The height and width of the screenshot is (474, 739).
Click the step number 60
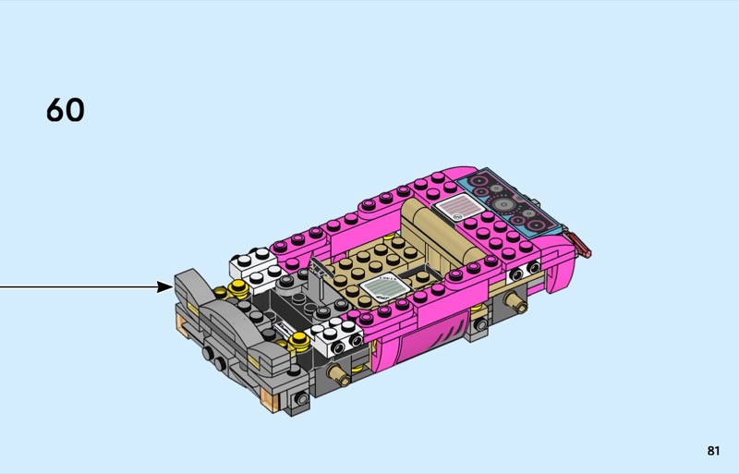click(65, 110)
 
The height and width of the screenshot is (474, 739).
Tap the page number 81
click(713, 451)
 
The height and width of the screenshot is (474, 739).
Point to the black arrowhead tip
click(174, 286)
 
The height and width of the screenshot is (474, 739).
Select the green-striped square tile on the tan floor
click(383, 286)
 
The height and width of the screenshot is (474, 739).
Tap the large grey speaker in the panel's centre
click(503, 204)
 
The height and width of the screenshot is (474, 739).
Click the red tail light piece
click(580, 244)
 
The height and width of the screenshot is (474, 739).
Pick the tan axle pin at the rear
click(515, 301)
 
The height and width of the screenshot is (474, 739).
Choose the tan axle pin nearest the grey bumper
click(339, 374)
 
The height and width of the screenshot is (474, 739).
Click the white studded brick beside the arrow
click(253, 267)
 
